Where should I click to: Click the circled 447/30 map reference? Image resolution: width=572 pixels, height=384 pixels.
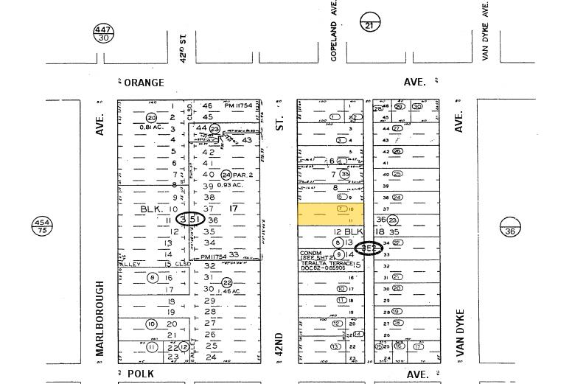[x=103, y=33]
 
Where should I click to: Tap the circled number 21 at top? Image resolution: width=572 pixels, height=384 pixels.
[x=370, y=23]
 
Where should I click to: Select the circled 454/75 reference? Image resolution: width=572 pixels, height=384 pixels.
[x=42, y=226]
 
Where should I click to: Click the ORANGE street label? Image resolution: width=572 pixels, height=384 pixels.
[x=144, y=83]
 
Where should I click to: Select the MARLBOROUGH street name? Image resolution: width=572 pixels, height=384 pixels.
[x=100, y=318]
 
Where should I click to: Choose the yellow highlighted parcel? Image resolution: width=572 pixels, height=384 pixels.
[x=330, y=214]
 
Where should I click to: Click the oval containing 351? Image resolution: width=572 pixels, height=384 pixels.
[x=190, y=219]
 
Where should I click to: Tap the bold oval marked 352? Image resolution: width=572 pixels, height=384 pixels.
[x=368, y=248]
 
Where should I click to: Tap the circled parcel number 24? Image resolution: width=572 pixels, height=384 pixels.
[x=226, y=175]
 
